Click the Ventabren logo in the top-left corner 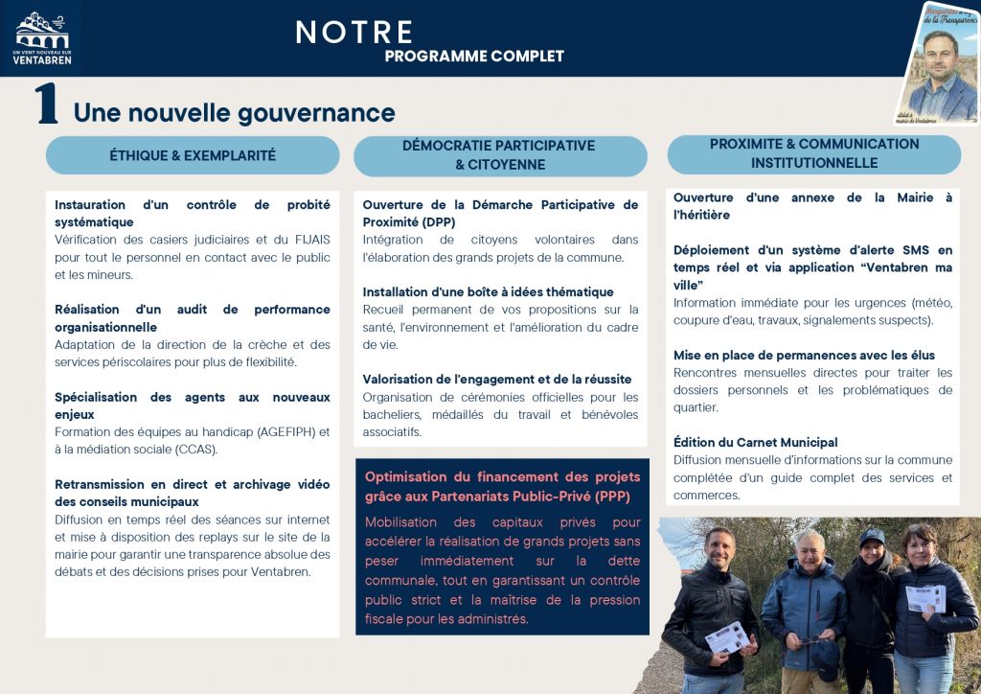coord(42,37)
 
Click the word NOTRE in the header coord(354,32)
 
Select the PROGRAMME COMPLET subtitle coord(474,57)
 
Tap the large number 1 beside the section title coord(46,105)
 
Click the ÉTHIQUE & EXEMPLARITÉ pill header coord(193,155)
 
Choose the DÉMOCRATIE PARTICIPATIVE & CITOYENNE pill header coord(499,155)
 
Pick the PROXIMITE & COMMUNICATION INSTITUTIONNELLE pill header coord(813,153)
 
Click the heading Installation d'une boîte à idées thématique coord(488,292)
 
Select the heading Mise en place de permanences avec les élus coord(804,355)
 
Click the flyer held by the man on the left coord(725,636)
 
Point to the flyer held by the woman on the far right coord(925,598)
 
